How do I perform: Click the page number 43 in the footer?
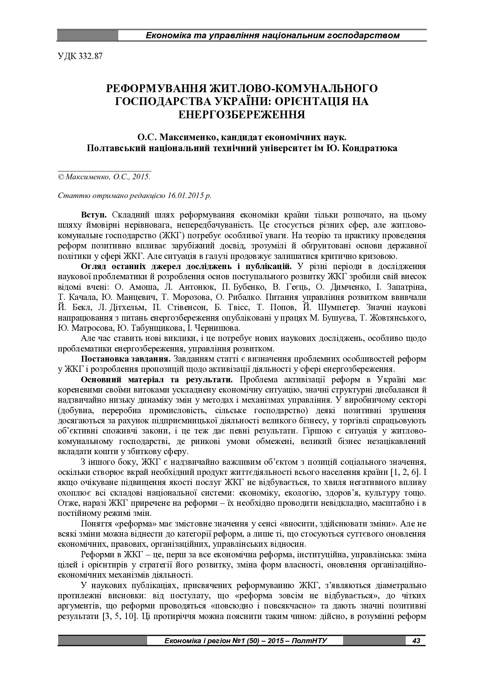click(416, 641)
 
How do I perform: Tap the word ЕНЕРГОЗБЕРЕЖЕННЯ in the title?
click(242, 114)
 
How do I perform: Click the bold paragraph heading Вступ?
click(95, 215)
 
